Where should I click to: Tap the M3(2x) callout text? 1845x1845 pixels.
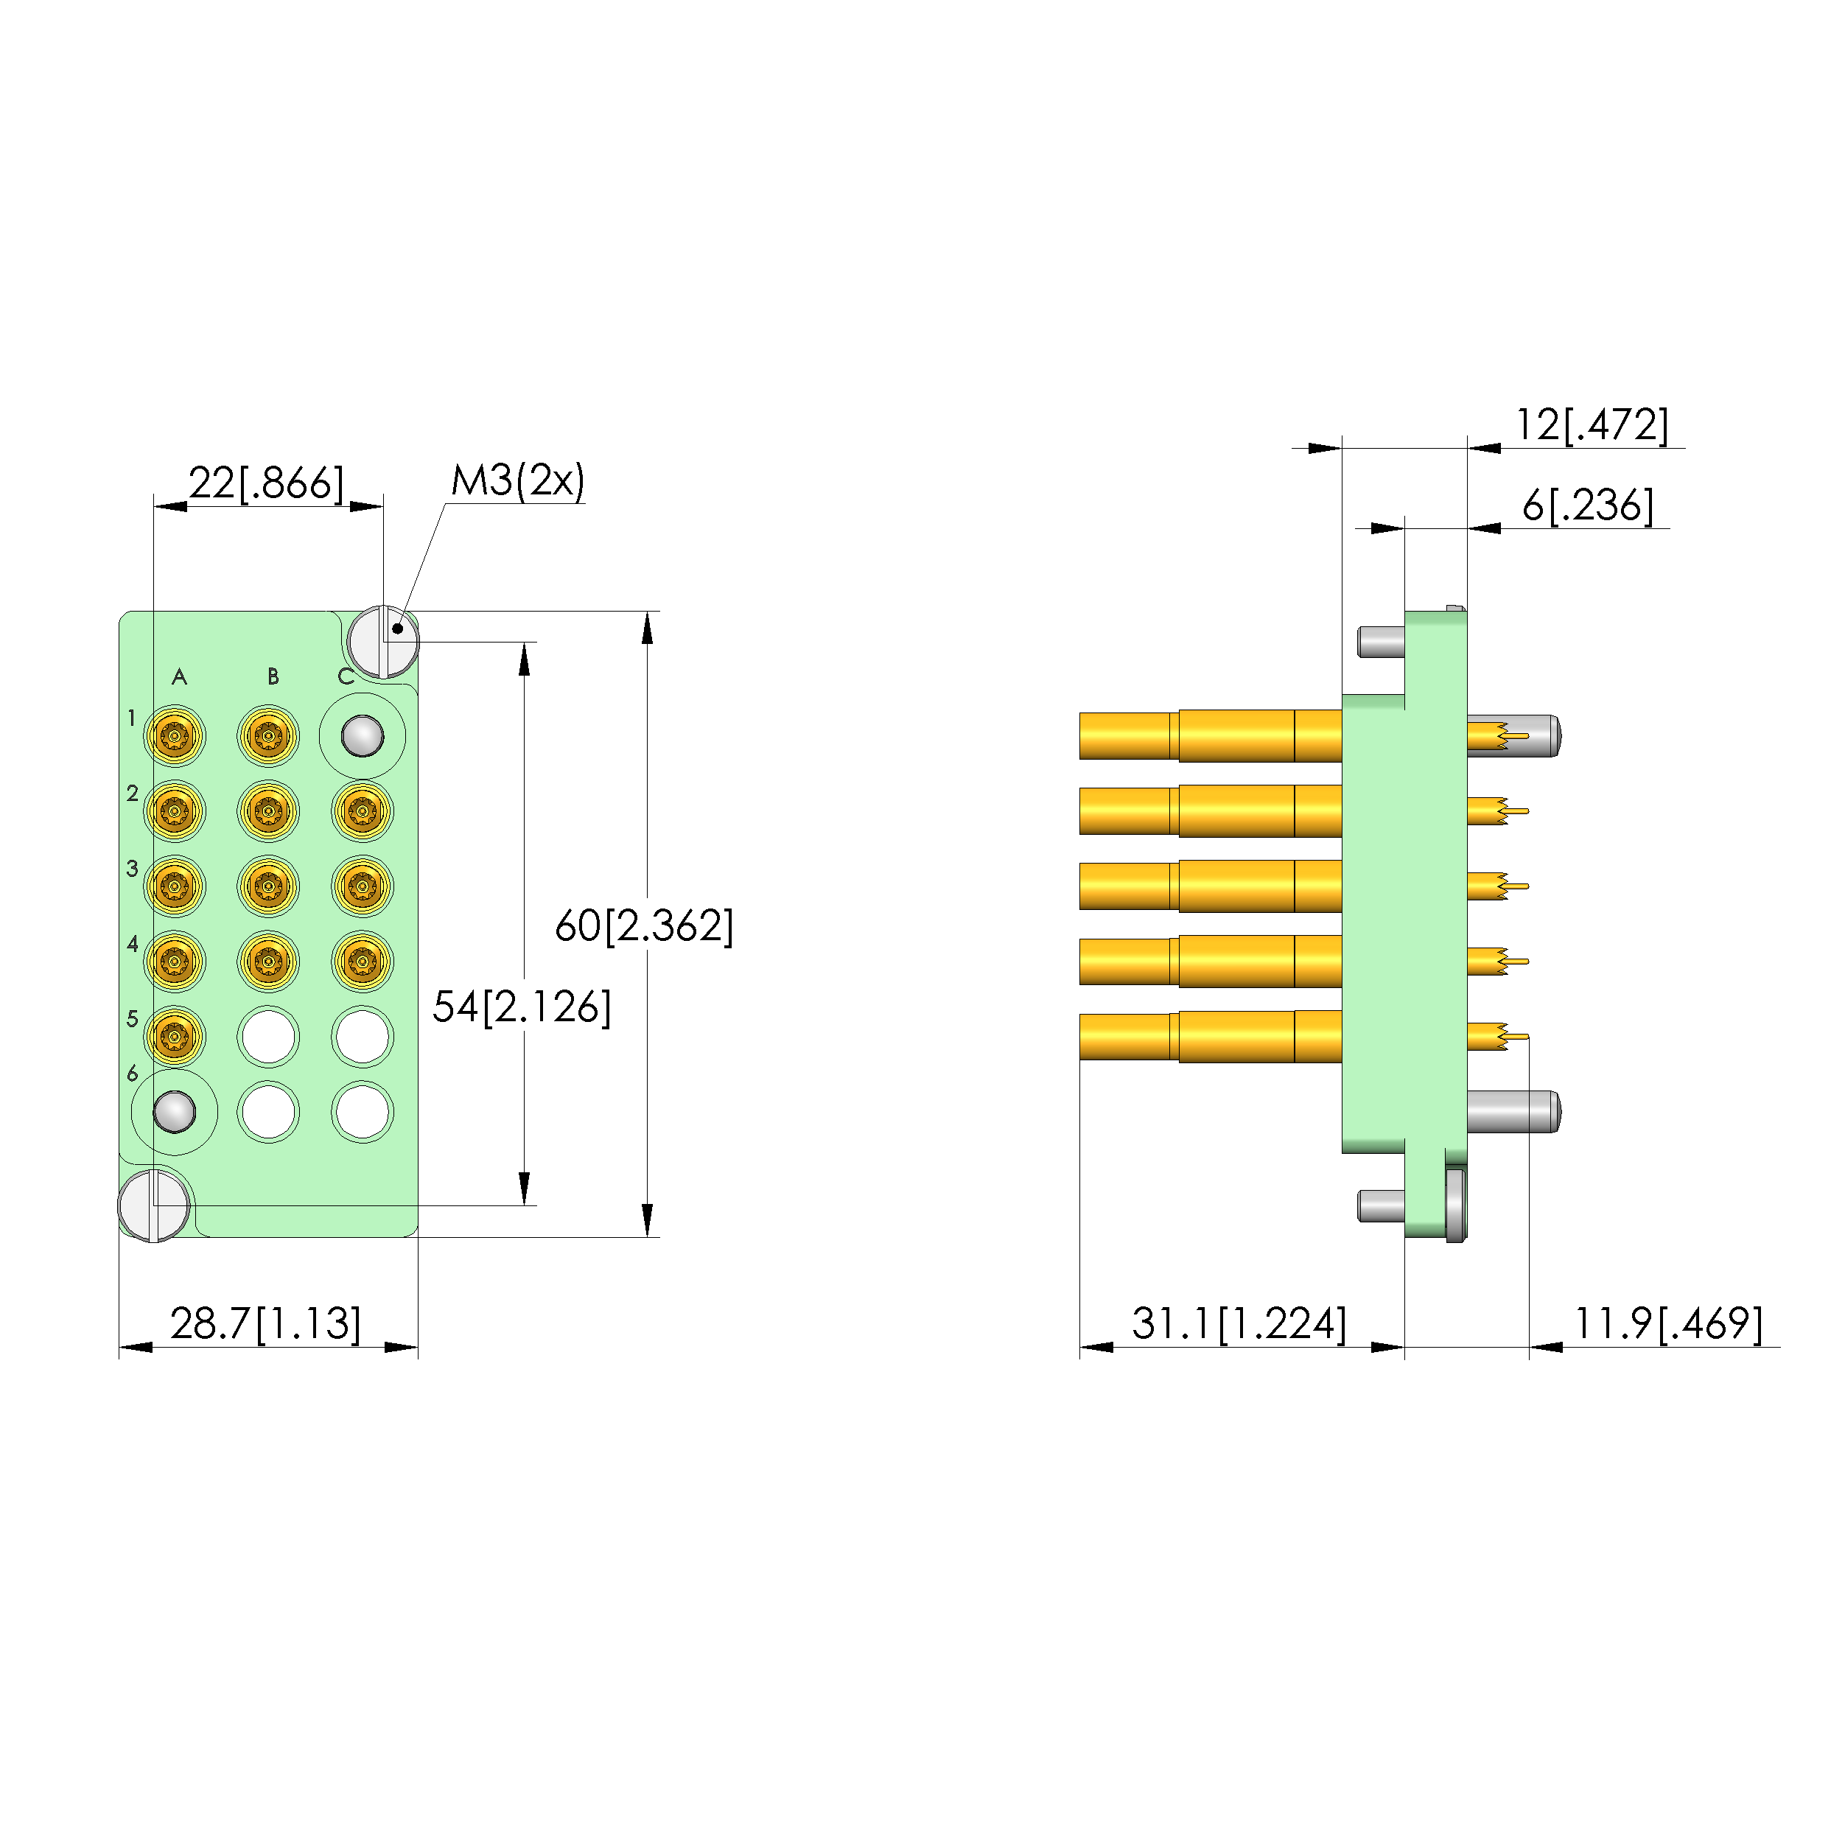pyautogui.click(x=517, y=480)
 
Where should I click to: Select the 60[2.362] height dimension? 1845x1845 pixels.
pyautogui.click(x=644, y=925)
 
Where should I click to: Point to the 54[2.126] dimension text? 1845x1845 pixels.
pyautogui.click(x=522, y=1006)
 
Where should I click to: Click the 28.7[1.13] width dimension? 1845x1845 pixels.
pyautogui.click(x=265, y=1323)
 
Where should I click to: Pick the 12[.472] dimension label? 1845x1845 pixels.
pyautogui.click(x=1592, y=425)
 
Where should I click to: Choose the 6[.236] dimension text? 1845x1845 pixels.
pyautogui.click(x=1587, y=505)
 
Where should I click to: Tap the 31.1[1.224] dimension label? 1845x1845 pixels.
pyautogui.click(x=1239, y=1323)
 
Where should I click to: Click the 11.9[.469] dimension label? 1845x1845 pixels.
pyautogui.click(x=1667, y=1323)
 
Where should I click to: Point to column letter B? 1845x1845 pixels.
pyautogui.click(x=273, y=677)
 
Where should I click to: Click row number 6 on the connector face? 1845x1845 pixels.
pyautogui.click(x=133, y=1074)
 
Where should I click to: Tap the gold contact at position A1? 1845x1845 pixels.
pyautogui.click(x=175, y=736)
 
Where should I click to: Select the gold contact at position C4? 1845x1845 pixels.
pyautogui.click(x=362, y=961)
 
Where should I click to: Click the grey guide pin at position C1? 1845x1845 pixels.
pyautogui.click(x=362, y=736)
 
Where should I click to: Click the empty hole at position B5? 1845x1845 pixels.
pyautogui.click(x=268, y=1036)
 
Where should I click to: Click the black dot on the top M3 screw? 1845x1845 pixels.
pyautogui.click(x=397, y=629)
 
